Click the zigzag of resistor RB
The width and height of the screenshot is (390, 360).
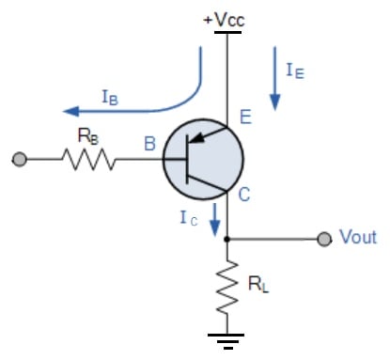pyautogui.click(x=89, y=161)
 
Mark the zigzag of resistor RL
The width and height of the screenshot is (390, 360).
pyautogui.click(x=226, y=288)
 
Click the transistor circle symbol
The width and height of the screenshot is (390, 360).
pyautogui.click(x=203, y=161)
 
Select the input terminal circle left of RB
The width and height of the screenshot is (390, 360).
pyautogui.click(x=20, y=161)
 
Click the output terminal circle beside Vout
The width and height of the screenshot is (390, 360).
pyautogui.click(x=324, y=239)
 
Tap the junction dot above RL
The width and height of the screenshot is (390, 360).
pyautogui.click(x=226, y=239)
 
